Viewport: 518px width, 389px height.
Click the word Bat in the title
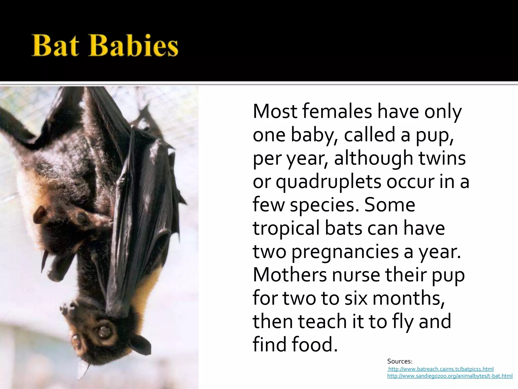[x=55, y=46]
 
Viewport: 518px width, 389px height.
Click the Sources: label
[x=400, y=361]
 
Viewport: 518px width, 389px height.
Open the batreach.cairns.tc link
[x=441, y=369]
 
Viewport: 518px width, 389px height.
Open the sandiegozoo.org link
[x=450, y=376]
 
